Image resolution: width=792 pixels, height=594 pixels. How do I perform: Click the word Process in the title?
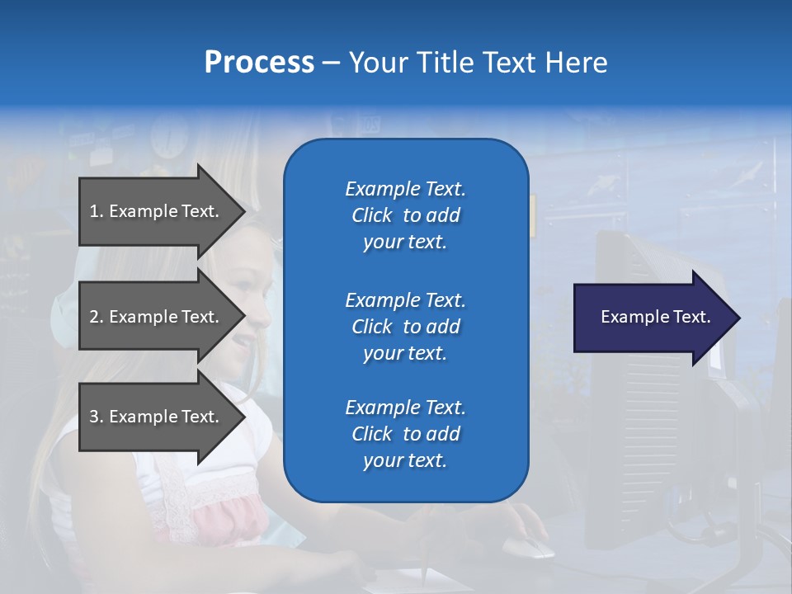[x=259, y=63]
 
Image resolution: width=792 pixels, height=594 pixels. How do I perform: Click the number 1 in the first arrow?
[x=94, y=211]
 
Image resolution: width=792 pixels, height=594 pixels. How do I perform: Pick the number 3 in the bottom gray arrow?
[x=94, y=417]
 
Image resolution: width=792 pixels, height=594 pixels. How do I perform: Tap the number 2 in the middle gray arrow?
[x=94, y=317]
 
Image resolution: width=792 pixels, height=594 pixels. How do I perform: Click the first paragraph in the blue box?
[x=405, y=215]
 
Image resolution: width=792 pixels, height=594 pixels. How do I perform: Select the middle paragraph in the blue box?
[x=405, y=327]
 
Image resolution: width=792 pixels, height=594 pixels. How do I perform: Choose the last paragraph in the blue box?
[x=405, y=434]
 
